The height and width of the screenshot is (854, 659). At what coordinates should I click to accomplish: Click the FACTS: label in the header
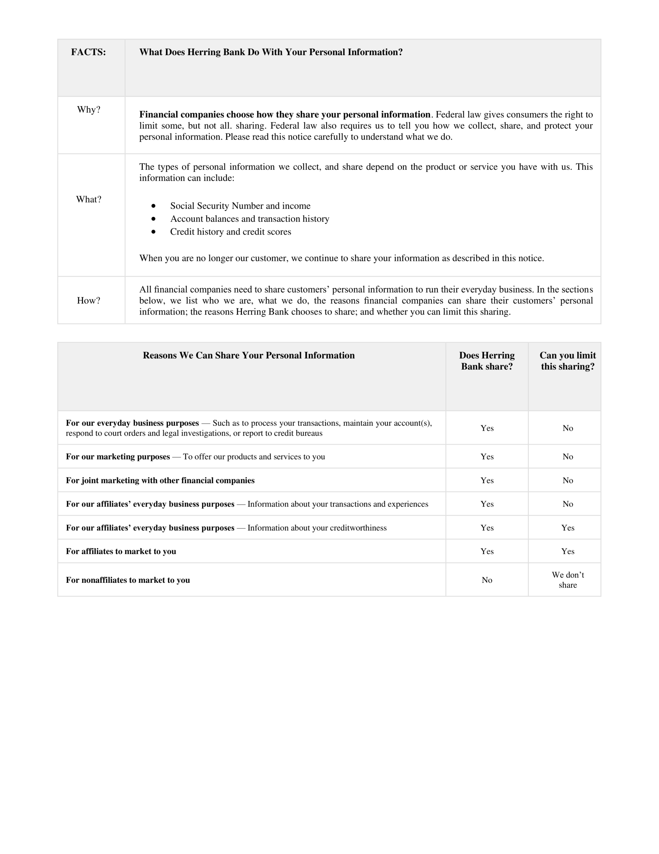click(88, 52)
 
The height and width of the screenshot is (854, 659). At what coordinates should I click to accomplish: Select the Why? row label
click(89, 109)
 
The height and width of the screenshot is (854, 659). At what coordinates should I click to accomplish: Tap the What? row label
click(89, 199)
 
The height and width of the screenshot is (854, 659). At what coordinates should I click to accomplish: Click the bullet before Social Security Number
click(154, 206)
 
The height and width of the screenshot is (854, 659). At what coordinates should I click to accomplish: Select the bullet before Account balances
click(154, 219)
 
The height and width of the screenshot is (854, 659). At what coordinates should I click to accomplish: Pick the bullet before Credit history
click(154, 232)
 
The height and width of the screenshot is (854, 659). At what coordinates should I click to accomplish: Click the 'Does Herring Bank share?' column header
click(487, 361)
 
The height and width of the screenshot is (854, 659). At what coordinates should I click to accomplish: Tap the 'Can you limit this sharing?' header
click(568, 361)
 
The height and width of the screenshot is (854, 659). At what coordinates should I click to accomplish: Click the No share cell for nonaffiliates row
click(487, 580)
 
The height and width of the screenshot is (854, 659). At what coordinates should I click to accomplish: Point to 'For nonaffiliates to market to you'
click(128, 580)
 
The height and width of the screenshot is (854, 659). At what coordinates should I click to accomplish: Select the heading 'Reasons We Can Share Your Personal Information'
click(249, 355)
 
